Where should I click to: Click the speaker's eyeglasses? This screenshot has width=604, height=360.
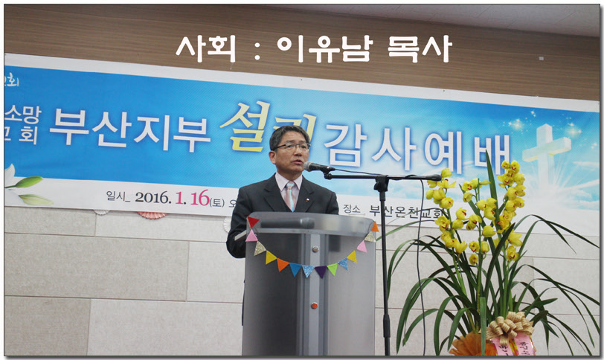tap(291, 147)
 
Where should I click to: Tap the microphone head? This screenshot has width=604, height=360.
tap(316, 167)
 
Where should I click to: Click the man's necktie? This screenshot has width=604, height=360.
tap(289, 195)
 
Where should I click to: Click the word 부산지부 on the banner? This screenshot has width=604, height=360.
tap(131, 126)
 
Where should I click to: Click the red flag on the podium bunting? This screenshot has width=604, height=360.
tap(253, 222)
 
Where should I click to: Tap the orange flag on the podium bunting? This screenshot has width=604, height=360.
tap(283, 264)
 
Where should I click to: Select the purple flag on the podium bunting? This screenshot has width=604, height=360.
tap(319, 271)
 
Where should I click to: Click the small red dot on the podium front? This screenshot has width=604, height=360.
tap(313, 305)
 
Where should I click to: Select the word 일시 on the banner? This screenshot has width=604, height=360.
tap(118, 196)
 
